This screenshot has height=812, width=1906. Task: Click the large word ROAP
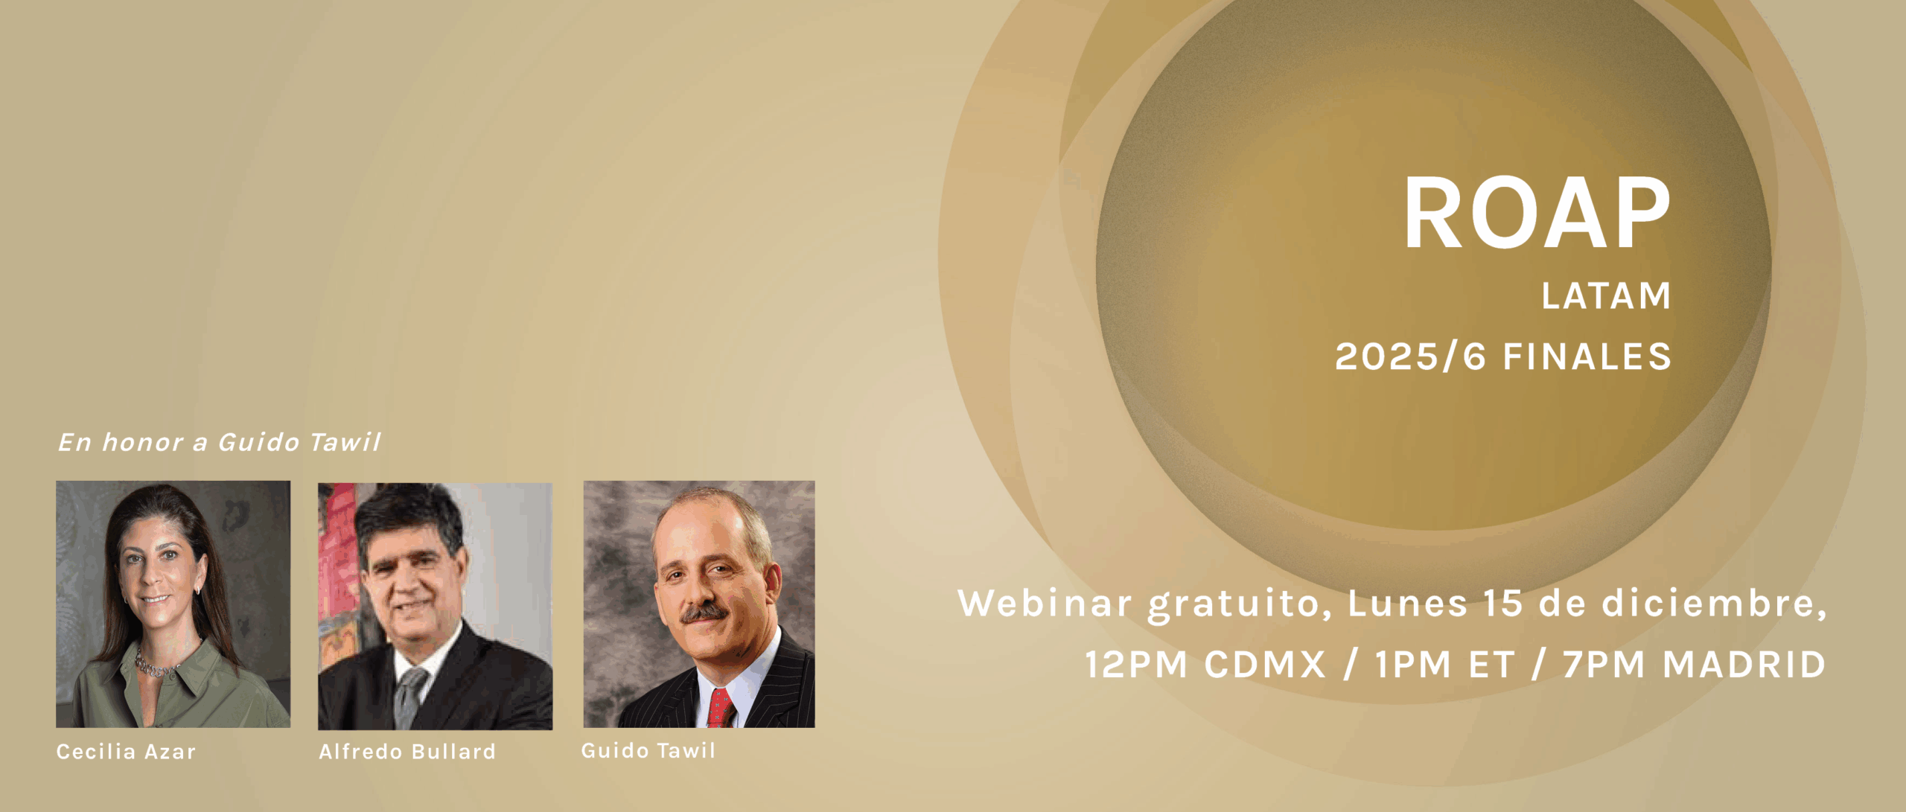coord(1537,213)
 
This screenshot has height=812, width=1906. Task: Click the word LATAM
coord(1606,295)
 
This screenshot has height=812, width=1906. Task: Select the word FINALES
coord(1587,356)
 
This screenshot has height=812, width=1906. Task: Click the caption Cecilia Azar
coord(126,751)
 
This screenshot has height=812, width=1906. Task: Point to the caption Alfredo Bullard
coord(407,751)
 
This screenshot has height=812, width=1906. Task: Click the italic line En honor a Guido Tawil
coord(220,442)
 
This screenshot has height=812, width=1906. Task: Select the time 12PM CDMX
coord(1205,664)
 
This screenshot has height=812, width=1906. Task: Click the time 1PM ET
coord(1444,664)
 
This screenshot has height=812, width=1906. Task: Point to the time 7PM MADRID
coord(1694,664)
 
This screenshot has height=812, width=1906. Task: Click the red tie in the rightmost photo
coord(720,708)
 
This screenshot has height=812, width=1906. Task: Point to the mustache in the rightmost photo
coord(704,614)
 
